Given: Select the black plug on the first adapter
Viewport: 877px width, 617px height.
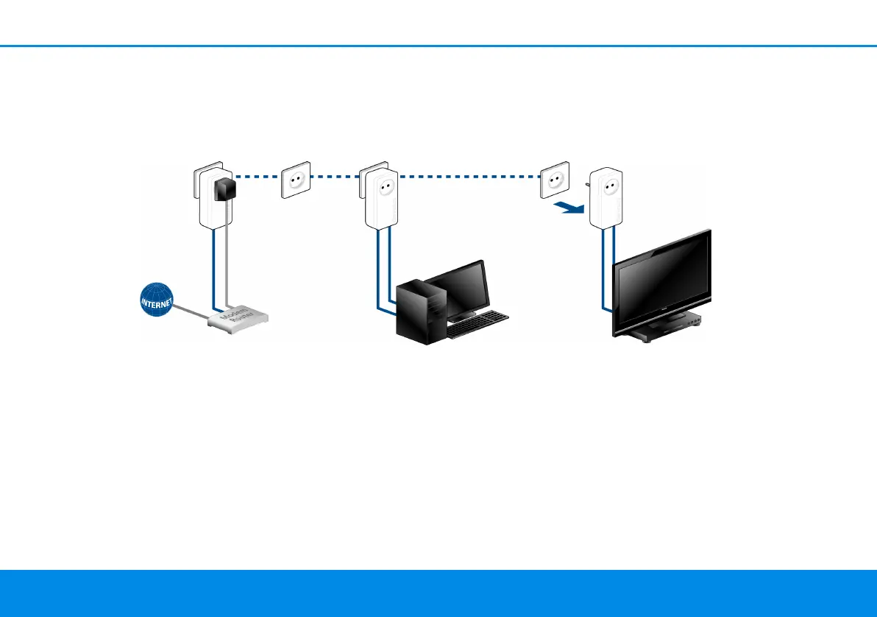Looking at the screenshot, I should pos(224,189).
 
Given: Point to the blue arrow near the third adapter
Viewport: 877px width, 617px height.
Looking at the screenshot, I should pos(569,209).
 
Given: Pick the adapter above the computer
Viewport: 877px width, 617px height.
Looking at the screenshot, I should pos(381,197).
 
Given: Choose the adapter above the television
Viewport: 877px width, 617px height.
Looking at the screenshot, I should pos(608,197).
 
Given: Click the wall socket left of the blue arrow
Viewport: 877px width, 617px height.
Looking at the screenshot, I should pos(555,181).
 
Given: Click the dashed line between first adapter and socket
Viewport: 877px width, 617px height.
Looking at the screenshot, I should pos(258,177).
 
